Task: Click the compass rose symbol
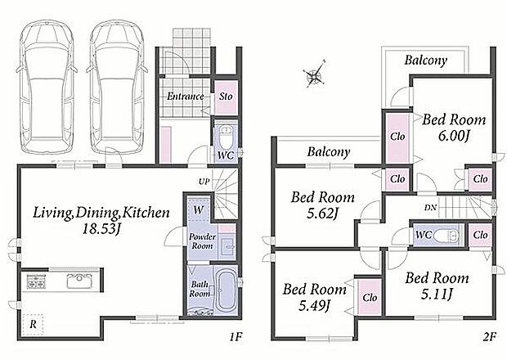[314, 74]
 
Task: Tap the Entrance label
[186, 96]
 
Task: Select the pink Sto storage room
[226, 97]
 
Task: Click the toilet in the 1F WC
[226, 136]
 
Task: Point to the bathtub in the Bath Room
[226, 291]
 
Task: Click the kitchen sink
[79, 281]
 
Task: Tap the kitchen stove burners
[36, 281]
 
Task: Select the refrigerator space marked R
[33, 324]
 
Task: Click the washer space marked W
[199, 209]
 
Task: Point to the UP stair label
[204, 182]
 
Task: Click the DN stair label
[430, 208]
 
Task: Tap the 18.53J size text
[101, 229]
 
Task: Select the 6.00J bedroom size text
[454, 136]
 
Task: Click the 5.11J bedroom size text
[436, 294]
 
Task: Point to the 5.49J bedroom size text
[314, 305]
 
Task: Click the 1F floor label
[236, 337]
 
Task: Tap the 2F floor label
[489, 337]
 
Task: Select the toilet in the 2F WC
[446, 236]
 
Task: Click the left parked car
[47, 87]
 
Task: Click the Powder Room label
[203, 241]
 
